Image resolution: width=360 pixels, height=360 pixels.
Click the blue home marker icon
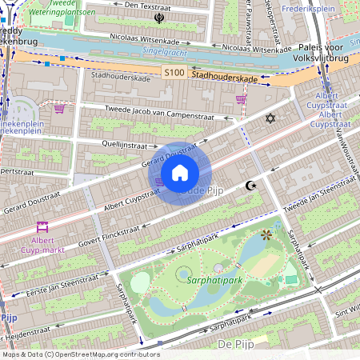point(180,172)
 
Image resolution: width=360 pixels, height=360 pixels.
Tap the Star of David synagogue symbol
point(270,118)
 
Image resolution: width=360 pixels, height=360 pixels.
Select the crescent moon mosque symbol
point(251,186)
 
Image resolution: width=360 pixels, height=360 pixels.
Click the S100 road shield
point(174,73)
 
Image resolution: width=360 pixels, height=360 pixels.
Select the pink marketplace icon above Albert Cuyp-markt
point(42,227)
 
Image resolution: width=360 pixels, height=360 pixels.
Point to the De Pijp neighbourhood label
point(237,343)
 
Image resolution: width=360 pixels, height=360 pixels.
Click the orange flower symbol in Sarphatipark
point(266,234)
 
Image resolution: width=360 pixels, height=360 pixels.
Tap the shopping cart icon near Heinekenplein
point(58,107)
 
